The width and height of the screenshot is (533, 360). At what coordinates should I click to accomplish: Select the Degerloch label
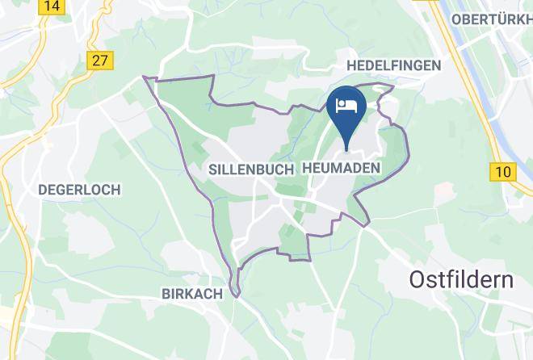tap(79, 190)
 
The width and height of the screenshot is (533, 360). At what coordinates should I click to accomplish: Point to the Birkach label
tap(191, 294)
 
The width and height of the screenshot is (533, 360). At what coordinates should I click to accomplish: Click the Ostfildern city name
tap(461, 280)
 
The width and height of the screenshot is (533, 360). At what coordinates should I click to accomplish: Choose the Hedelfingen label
tap(393, 65)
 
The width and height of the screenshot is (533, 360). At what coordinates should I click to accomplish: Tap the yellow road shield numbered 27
tap(101, 61)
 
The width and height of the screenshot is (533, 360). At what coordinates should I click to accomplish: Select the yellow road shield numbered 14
tap(52, 6)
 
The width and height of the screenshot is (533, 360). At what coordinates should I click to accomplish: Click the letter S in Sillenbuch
tap(212, 170)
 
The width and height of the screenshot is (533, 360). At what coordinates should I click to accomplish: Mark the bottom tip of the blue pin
tap(347, 149)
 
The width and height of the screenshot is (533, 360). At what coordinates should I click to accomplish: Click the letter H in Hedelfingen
tap(351, 65)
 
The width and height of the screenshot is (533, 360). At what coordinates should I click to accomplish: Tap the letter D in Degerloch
tap(43, 190)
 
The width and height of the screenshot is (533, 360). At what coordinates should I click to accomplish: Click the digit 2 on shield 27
tap(97, 61)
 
